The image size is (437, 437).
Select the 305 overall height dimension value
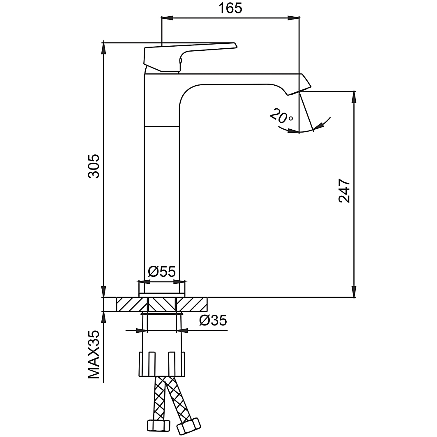pos(94,166)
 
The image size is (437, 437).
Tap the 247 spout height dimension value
pos(344,191)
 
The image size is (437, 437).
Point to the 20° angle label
pos(281,116)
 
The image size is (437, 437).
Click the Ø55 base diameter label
pos(162,272)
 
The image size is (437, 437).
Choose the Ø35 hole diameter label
pos(213,321)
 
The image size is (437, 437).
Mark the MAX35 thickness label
pos(94,354)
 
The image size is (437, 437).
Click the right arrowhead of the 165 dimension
pos(294,18)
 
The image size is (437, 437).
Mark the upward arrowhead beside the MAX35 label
pos(103,318)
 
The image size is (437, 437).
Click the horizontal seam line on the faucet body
pos(162,126)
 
